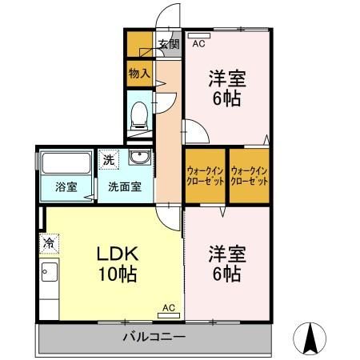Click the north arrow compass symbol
pyautogui.click(x=310, y=338)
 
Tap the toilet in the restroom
pyautogui.click(x=139, y=116)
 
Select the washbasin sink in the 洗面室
pyautogui.click(x=140, y=157)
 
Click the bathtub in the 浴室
pyautogui.click(x=66, y=163)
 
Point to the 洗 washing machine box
pyautogui.click(x=109, y=159)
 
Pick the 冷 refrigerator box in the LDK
pyautogui.click(x=49, y=243)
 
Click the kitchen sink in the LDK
pyautogui.click(x=50, y=272)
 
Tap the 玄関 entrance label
pyautogui.click(x=169, y=44)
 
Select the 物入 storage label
pyautogui.click(x=139, y=73)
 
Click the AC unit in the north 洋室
pyautogui.click(x=199, y=35)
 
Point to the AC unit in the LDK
pyautogui.click(x=169, y=316)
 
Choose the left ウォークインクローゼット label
pyautogui.click(x=205, y=176)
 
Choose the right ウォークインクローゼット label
pyautogui.click(x=249, y=176)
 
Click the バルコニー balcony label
pyautogui.click(x=154, y=337)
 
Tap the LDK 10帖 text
pyautogui.click(x=118, y=264)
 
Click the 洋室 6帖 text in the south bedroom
pyautogui.click(x=227, y=264)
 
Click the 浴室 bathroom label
pyautogui.click(x=66, y=187)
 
